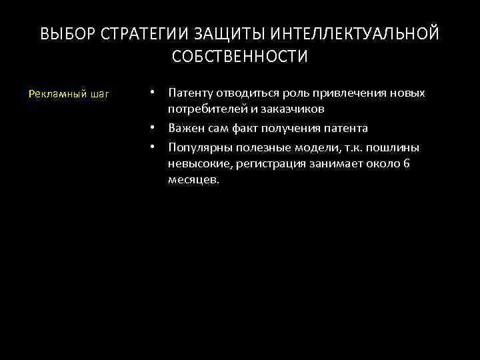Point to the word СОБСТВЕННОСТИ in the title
click(240, 57)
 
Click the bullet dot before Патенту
click(153, 93)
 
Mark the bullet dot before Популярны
click(153, 146)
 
